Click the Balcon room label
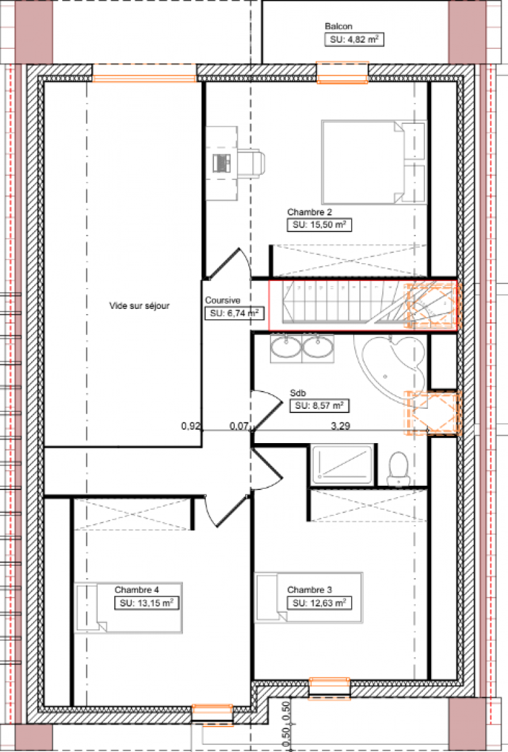coord(338,27)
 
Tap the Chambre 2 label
coord(309,212)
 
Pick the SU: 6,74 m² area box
coord(233,313)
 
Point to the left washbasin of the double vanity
coord(285,348)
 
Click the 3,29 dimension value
coord(340,426)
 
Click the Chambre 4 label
coord(137,589)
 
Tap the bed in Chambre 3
coord(308,598)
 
